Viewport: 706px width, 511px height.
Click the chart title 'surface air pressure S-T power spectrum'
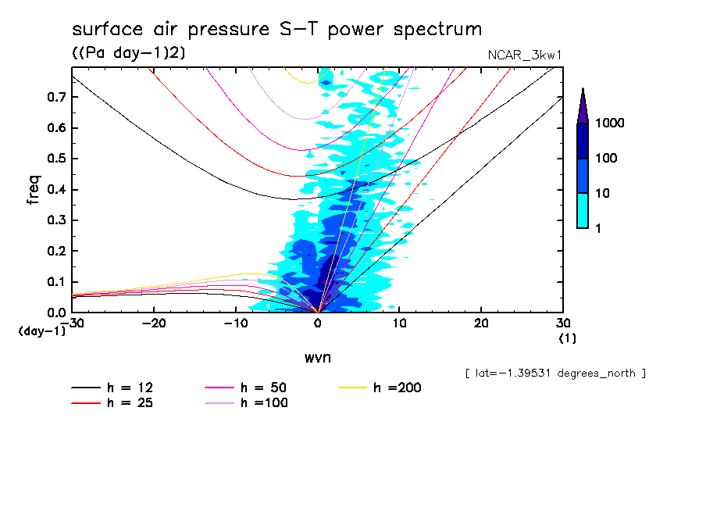[276, 30]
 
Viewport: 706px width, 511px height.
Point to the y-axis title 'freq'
[34, 190]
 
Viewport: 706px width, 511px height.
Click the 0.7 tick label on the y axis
[55, 97]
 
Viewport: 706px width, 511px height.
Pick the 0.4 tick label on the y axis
[55, 189]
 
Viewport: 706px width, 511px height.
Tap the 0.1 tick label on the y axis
[55, 281]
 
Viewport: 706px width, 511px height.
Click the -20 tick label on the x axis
[154, 323]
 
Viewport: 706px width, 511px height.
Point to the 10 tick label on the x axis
[399, 323]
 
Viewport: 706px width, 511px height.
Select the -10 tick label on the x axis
[236, 323]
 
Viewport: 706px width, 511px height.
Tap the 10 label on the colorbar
[605, 193]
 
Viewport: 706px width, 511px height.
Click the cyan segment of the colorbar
[583, 210]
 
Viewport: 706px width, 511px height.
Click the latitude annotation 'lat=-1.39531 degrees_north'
[554, 373]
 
